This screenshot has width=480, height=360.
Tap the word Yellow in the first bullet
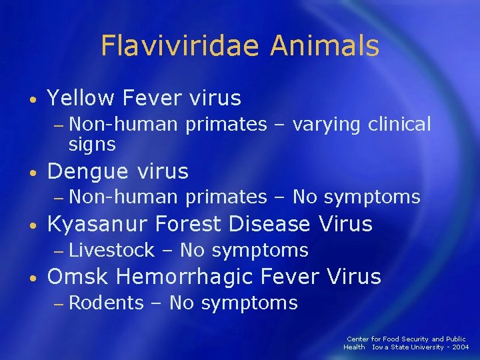(x=81, y=99)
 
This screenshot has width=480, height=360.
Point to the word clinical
(x=399, y=124)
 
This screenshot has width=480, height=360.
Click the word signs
(x=92, y=143)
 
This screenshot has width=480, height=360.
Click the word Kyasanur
(x=100, y=225)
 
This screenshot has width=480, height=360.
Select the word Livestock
(x=111, y=251)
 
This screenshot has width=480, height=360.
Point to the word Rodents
(x=106, y=303)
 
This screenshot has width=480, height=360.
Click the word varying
(x=328, y=124)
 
